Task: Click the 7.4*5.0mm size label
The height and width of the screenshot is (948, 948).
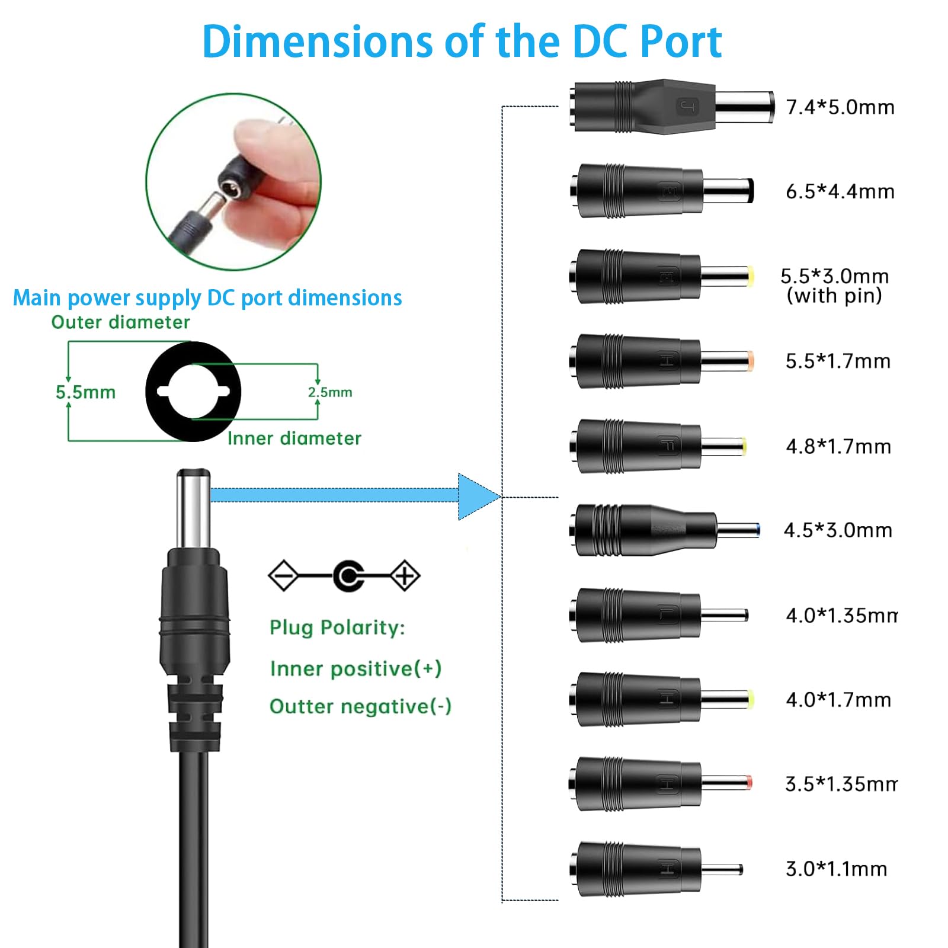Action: (x=840, y=107)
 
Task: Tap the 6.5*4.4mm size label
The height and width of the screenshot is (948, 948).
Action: (x=840, y=191)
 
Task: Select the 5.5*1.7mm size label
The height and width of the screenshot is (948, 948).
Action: (x=838, y=361)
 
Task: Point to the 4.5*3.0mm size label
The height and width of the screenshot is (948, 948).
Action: (x=838, y=530)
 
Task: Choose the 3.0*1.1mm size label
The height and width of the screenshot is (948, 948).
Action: (x=836, y=869)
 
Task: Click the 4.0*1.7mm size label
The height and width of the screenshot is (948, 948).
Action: (x=838, y=700)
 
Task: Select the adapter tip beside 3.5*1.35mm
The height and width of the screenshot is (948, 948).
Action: (x=661, y=784)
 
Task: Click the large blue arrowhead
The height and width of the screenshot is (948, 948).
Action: (x=479, y=497)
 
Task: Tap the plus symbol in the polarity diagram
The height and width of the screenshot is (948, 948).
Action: (x=405, y=575)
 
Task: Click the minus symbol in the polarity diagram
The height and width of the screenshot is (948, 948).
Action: (x=284, y=575)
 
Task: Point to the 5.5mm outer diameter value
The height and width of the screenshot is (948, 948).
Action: (x=85, y=392)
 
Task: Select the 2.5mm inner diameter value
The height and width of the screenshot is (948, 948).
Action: (x=330, y=392)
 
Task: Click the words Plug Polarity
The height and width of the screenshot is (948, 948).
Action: (x=337, y=628)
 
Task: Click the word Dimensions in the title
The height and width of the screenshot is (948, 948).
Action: (x=318, y=41)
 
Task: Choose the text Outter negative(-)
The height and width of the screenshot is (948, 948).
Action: (x=360, y=706)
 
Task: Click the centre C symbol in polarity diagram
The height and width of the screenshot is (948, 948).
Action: (x=348, y=576)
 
